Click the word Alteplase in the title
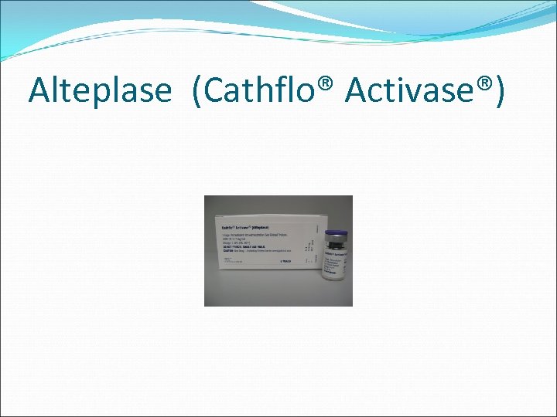100,90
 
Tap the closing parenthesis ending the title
501,91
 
